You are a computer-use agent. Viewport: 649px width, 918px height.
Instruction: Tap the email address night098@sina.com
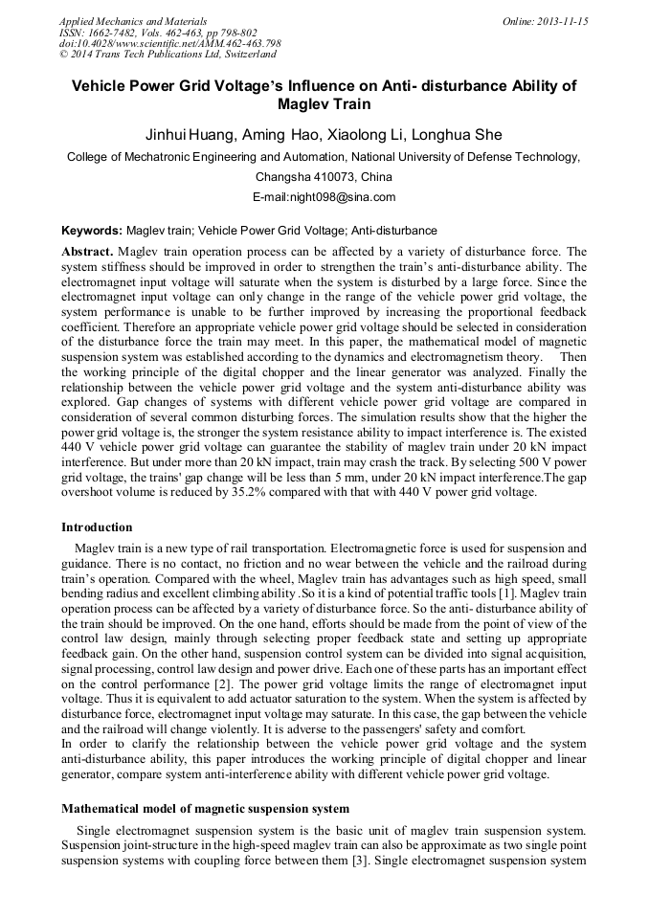coord(324,197)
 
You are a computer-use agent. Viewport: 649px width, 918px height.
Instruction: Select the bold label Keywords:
coord(92,231)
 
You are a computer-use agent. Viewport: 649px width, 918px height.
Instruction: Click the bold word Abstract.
coord(87,250)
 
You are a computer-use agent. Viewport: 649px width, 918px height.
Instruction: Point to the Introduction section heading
coord(97,527)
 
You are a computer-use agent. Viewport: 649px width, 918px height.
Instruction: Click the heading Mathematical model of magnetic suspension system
coord(205,810)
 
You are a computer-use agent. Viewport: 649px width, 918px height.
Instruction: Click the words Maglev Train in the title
coord(324,103)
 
